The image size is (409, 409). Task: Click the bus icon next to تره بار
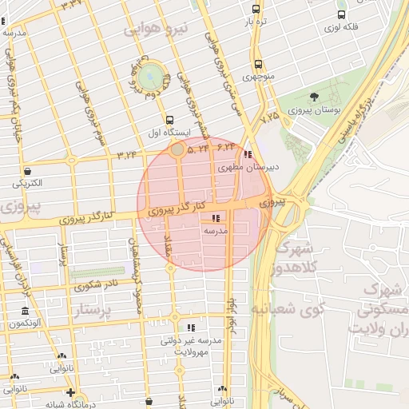256,10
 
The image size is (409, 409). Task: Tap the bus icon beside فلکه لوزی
342,14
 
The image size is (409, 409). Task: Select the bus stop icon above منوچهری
257,65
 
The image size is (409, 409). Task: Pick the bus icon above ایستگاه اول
169,120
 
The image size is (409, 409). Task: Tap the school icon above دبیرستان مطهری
248,153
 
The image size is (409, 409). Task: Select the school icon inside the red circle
215,217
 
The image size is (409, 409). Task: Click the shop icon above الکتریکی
28,170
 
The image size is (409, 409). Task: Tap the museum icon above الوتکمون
26,311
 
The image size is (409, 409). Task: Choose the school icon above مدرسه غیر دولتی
190,328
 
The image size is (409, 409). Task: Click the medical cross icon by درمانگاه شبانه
71,392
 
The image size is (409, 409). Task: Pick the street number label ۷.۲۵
270,117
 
